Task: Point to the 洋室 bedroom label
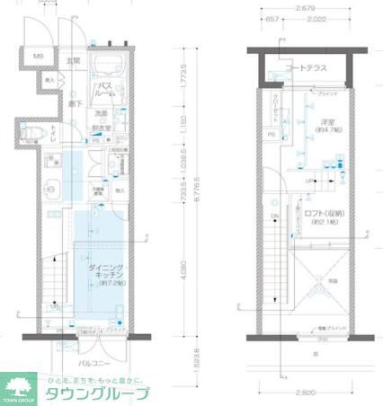(x=328, y=126)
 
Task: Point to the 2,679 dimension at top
(x=306, y=11)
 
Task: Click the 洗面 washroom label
(x=102, y=112)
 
